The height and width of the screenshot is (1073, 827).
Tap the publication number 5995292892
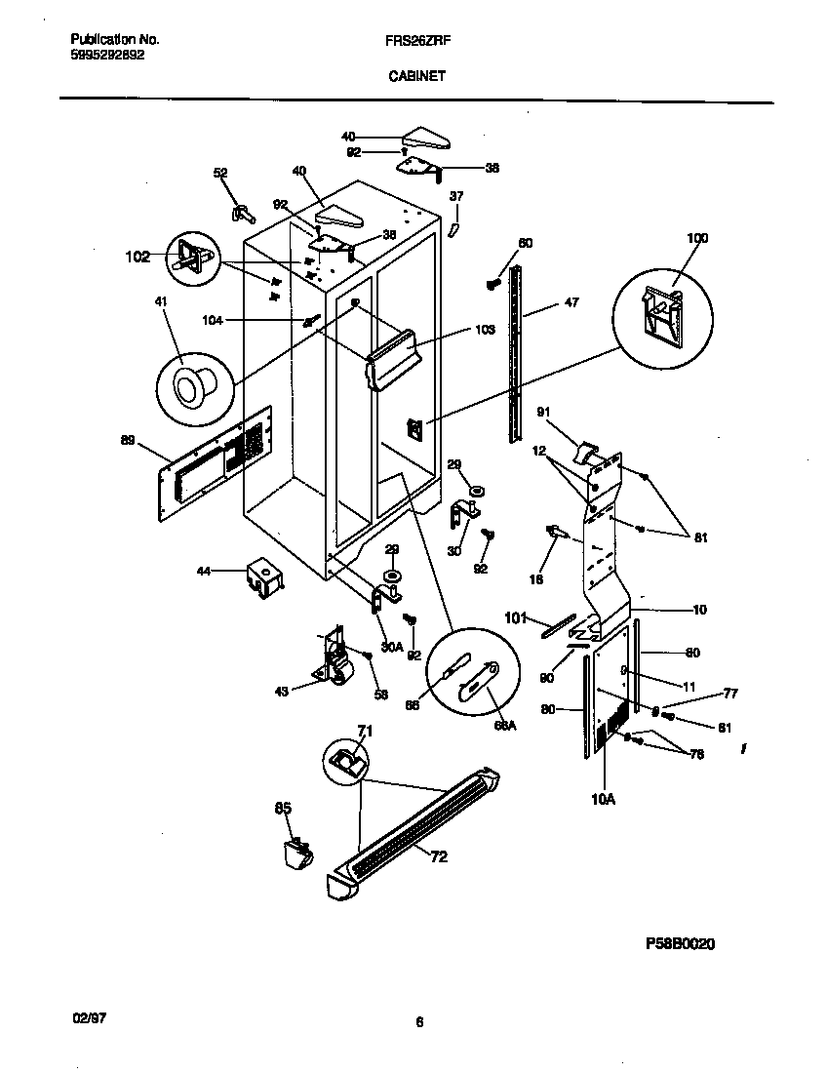click(108, 56)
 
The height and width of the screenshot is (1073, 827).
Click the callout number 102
click(138, 257)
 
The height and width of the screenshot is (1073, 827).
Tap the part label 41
click(160, 302)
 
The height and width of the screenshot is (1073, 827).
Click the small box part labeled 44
click(263, 578)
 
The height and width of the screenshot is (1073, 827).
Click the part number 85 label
click(283, 807)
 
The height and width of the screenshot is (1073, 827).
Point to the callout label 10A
click(604, 799)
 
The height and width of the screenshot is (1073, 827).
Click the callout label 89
click(127, 441)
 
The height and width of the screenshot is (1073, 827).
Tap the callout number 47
click(571, 303)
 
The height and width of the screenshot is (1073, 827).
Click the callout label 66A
click(504, 726)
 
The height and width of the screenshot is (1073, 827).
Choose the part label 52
click(220, 173)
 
